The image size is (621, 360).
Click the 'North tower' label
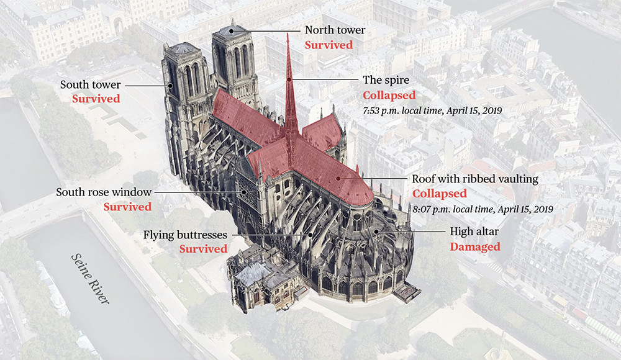334,30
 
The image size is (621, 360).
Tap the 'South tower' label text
90,84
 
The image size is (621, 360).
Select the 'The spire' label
385,81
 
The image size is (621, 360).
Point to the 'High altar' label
475,232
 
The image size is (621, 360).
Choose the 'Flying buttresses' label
186,235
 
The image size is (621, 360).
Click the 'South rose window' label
104,192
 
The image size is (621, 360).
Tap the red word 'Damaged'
475,247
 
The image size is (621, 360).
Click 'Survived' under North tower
329,45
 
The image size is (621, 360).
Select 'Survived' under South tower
96,99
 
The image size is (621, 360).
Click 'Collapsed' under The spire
389,96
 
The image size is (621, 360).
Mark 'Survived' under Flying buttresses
204,250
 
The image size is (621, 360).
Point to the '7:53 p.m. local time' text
432,110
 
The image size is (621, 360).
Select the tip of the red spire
287,34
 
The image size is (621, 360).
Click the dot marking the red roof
338,178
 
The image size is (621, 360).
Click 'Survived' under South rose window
128,207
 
